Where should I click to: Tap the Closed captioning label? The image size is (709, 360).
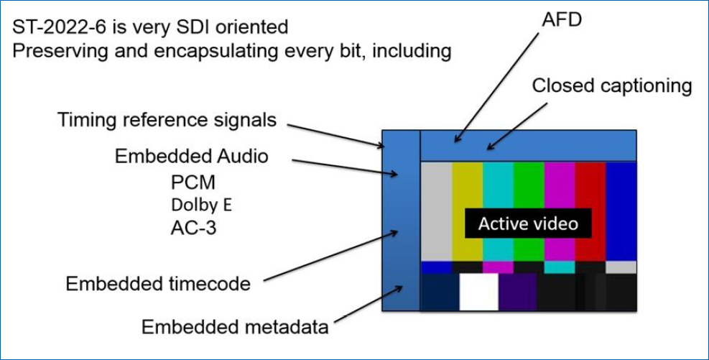pos(612,86)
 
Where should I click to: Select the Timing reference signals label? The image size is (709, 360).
pos(167,120)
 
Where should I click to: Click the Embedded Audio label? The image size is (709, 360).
pos(193,156)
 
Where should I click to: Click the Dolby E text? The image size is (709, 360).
pos(201,204)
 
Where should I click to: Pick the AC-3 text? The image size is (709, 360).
pos(193,228)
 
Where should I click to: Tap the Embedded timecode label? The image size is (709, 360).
pos(158,284)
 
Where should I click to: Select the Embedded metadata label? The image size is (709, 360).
pos(235,327)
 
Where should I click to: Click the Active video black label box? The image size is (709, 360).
pos(528,224)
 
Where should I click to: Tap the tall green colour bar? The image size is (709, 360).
pos(529,187)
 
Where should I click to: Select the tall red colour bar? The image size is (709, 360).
pos(590,187)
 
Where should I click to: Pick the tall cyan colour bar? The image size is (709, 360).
pos(498,187)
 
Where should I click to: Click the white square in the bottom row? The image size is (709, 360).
pos(478,292)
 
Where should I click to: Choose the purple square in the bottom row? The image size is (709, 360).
pos(518,292)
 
